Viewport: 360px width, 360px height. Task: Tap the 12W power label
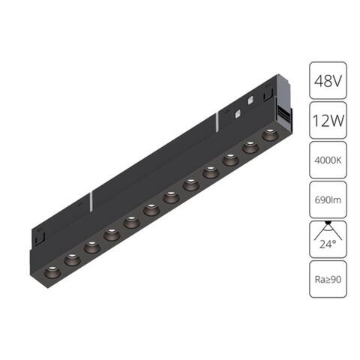coord(327,118)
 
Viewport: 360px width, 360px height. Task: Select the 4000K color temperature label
coord(327,160)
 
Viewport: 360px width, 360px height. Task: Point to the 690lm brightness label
coord(327,201)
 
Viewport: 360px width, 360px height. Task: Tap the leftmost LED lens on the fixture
coord(52,268)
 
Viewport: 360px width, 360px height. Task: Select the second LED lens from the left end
coord(72,258)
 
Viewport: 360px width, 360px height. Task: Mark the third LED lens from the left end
coord(91,245)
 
